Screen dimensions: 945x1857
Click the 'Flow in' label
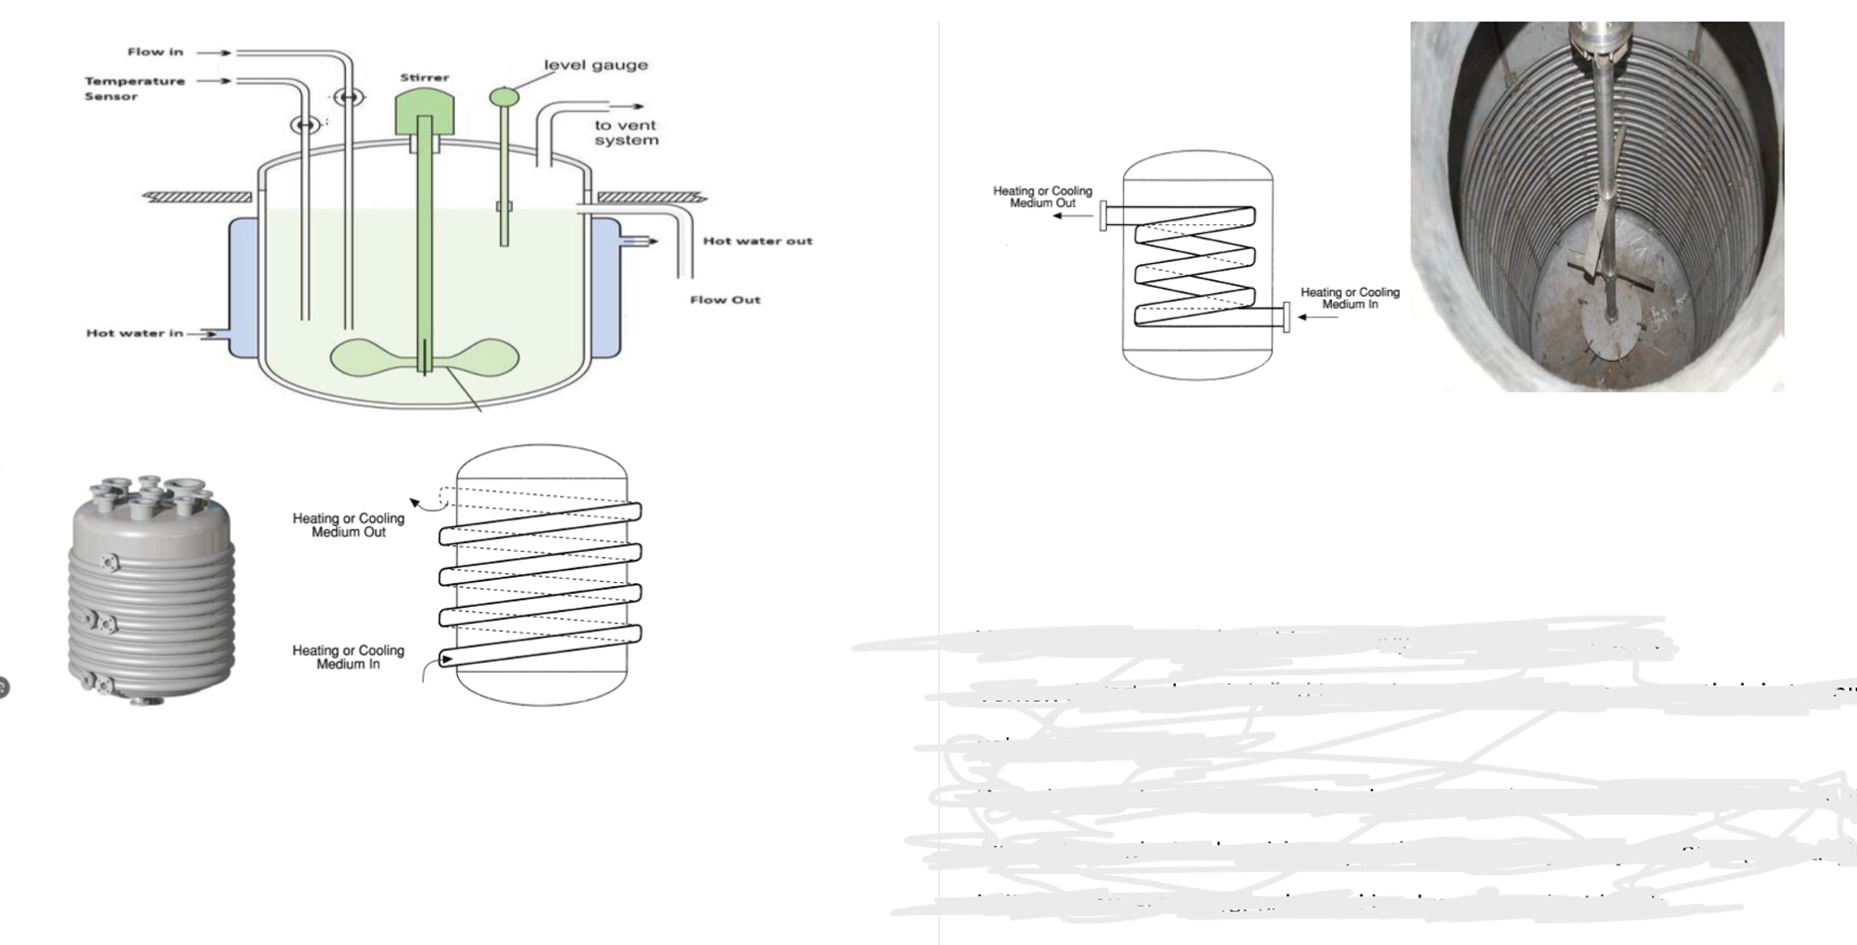pos(155,52)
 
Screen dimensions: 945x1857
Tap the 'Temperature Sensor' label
pos(134,88)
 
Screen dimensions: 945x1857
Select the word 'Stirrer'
pos(424,78)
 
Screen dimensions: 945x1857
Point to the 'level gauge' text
pos(595,66)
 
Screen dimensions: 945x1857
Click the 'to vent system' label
pos(626,133)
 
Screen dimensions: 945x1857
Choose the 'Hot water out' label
pos(757,241)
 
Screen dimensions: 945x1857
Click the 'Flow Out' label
pos(724,300)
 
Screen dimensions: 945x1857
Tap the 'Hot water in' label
pos(134,333)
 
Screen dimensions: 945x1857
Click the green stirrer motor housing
pos(424,111)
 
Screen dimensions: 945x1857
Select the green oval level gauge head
pos(504,97)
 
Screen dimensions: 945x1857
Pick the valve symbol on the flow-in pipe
pos(348,97)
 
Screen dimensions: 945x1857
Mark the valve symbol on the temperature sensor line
pos(304,125)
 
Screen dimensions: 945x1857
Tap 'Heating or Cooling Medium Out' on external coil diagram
pos(348,524)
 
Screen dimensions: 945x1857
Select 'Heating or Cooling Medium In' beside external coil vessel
pos(348,657)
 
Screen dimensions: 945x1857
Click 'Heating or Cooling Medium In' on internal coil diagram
pos(1349,298)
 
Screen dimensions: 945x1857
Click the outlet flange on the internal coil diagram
pos(1103,215)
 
